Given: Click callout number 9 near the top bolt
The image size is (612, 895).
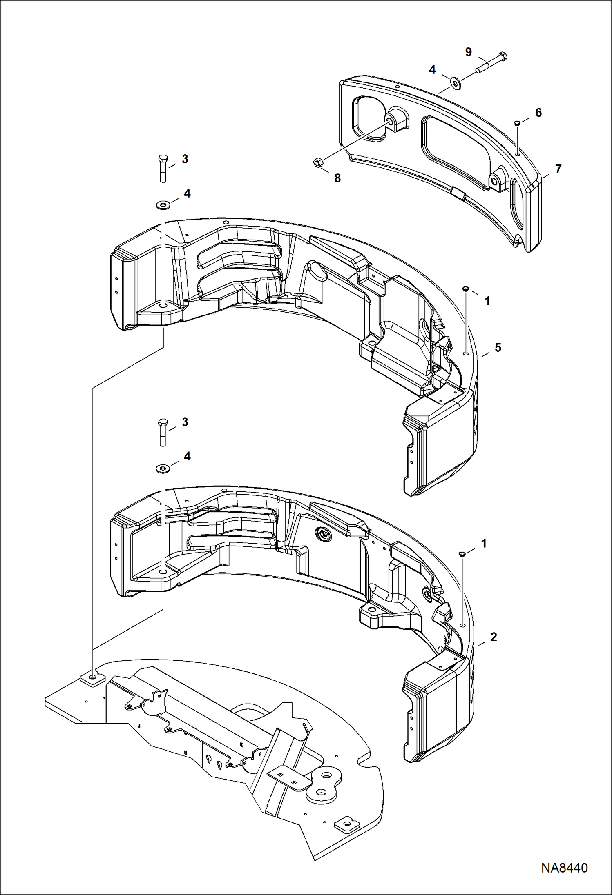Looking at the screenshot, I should click(x=468, y=52).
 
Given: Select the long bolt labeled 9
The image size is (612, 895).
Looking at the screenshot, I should click(x=491, y=63).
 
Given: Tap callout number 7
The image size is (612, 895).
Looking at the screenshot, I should click(x=558, y=169).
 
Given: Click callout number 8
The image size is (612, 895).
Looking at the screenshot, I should click(x=337, y=178).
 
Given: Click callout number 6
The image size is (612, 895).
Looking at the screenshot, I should click(x=538, y=113).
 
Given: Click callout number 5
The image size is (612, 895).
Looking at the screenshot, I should click(x=498, y=348).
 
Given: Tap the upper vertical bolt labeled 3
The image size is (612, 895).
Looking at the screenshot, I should click(x=163, y=168).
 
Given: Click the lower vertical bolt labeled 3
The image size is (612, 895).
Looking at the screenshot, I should click(x=163, y=432).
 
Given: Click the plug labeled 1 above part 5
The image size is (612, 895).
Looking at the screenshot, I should click(x=465, y=289).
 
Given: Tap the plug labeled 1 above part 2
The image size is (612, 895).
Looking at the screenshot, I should click(x=462, y=554).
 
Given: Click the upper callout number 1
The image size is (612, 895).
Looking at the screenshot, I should click(x=487, y=301).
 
